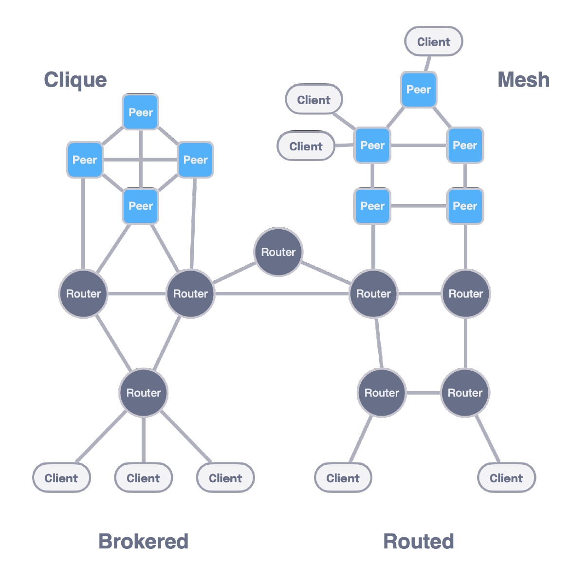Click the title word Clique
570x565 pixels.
75,80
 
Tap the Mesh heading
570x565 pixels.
523,80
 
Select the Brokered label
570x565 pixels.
143,541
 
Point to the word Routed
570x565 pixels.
419,541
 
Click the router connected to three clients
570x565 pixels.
144,392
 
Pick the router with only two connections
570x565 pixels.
278,252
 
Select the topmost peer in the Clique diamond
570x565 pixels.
141,112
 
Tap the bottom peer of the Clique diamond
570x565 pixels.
141,206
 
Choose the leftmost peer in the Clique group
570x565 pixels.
85,160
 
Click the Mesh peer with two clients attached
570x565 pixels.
372,146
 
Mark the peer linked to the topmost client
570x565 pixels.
419,90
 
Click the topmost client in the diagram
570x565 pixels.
434,41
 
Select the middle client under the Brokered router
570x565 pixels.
143,478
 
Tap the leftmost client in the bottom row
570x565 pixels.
61,478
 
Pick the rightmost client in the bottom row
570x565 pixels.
506,478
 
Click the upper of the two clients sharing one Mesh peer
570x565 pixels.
313,100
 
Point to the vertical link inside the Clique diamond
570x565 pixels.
141,159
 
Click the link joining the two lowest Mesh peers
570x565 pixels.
419,206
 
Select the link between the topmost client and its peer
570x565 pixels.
427,64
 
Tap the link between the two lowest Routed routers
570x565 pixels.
423,392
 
